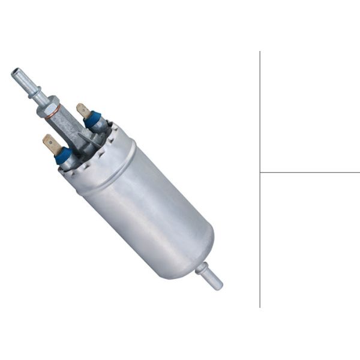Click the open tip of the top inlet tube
pyautogui.click(x=15, y=73)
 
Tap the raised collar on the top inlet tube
pyautogui.click(x=35, y=94)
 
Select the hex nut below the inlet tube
pyautogui.click(x=47, y=106)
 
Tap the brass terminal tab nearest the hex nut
pyautogui.click(x=83, y=110)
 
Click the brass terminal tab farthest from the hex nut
pyautogui.click(x=51, y=144)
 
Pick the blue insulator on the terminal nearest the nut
pyautogui.click(x=92, y=120)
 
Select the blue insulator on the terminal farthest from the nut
pyautogui.click(x=62, y=155)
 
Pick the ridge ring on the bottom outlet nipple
pyautogui.click(x=204, y=271)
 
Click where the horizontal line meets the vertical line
pyautogui.click(x=260, y=172)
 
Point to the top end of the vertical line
pyautogui.click(x=260, y=52)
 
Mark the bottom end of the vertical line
pyautogui.click(x=260, y=307)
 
